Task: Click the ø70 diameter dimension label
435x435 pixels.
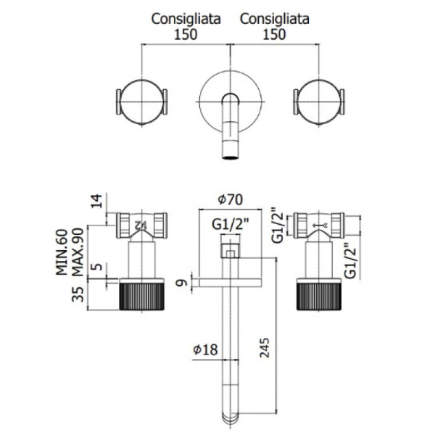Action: click(x=231, y=200)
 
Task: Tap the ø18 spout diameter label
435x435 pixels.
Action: click(x=205, y=349)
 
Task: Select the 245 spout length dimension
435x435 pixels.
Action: click(x=265, y=347)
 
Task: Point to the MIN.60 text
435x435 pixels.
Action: click(x=62, y=252)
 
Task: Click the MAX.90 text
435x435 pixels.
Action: click(x=78, y=252)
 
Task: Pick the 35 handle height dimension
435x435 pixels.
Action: click(x=78, y=294)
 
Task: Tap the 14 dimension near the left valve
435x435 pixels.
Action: click(x=96, y=201)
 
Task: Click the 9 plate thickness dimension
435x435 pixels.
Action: click(x=182, y=283)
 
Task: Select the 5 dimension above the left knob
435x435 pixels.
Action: click(x=97, y=267)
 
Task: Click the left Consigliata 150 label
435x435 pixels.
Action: click(x=186, y=27)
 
